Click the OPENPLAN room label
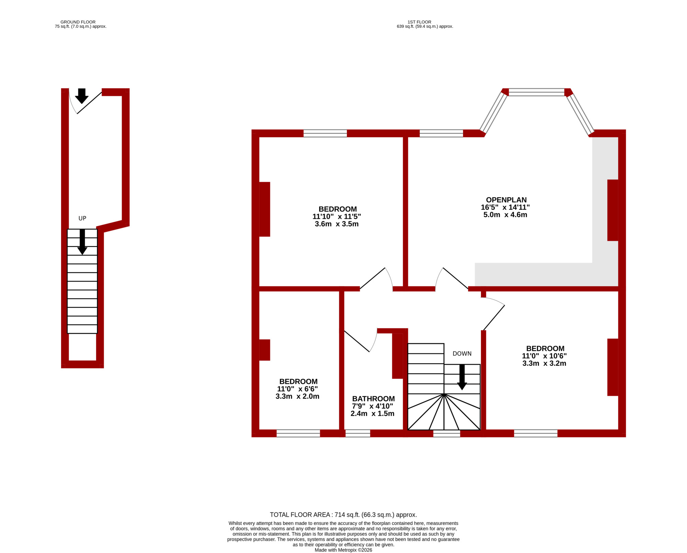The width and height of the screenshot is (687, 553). coord(506,200)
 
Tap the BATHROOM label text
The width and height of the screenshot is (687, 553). coord(373,399)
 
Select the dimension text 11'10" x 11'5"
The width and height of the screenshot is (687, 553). coord(337,216)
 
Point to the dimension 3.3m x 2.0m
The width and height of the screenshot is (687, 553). coord(297,396)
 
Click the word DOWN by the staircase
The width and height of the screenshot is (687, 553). coord(462,354)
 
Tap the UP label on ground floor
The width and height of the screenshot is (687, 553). coord(82,218)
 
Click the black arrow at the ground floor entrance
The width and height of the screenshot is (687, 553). coord(82,96)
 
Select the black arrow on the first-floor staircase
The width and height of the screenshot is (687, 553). coord(462,377)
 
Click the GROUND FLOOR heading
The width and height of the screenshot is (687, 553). coord(78,22)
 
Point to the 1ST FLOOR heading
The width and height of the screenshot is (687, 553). coord(419,22)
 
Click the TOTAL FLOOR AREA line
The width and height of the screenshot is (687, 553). coord(343,515)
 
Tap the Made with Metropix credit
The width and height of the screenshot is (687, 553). coord(343,550)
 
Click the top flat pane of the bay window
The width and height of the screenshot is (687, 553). coord(537,92)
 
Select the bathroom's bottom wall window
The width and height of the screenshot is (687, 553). coord(358,433)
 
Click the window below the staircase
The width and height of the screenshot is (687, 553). coord(447,434)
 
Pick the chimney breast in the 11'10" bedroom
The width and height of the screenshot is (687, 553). coord(264,209)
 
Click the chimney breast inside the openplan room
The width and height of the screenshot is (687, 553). coord(613,210)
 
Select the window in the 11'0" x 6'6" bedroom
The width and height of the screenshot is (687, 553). coord(298,433)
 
